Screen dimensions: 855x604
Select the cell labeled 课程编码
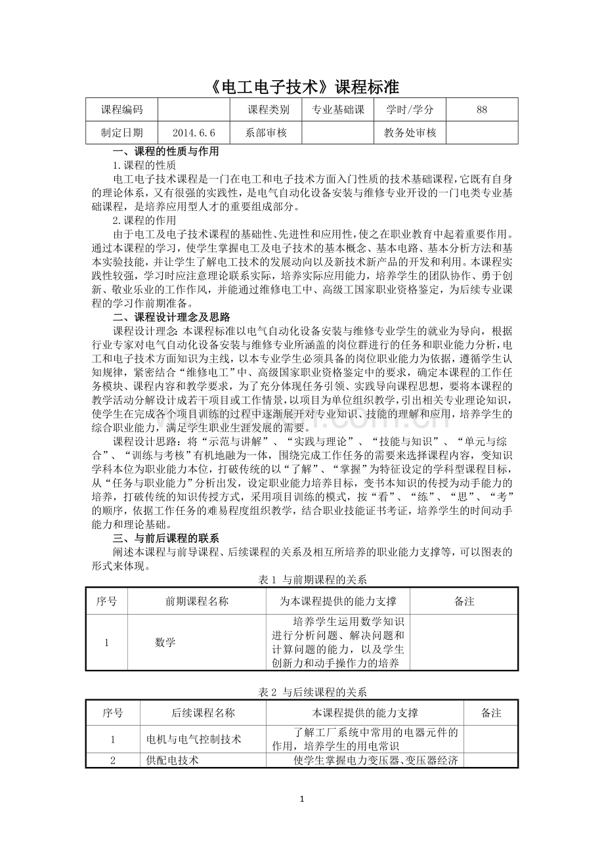121,110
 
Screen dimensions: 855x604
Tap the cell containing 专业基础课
337,110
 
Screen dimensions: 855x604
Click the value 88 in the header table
482,110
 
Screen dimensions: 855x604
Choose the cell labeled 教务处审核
410,133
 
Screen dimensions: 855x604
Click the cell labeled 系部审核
267,133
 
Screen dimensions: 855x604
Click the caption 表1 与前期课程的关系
313,580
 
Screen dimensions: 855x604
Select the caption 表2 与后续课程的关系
313,691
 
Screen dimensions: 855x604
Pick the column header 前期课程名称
197,602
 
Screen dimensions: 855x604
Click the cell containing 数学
165,643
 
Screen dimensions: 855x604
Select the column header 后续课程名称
203,713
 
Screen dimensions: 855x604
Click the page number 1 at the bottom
301,799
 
